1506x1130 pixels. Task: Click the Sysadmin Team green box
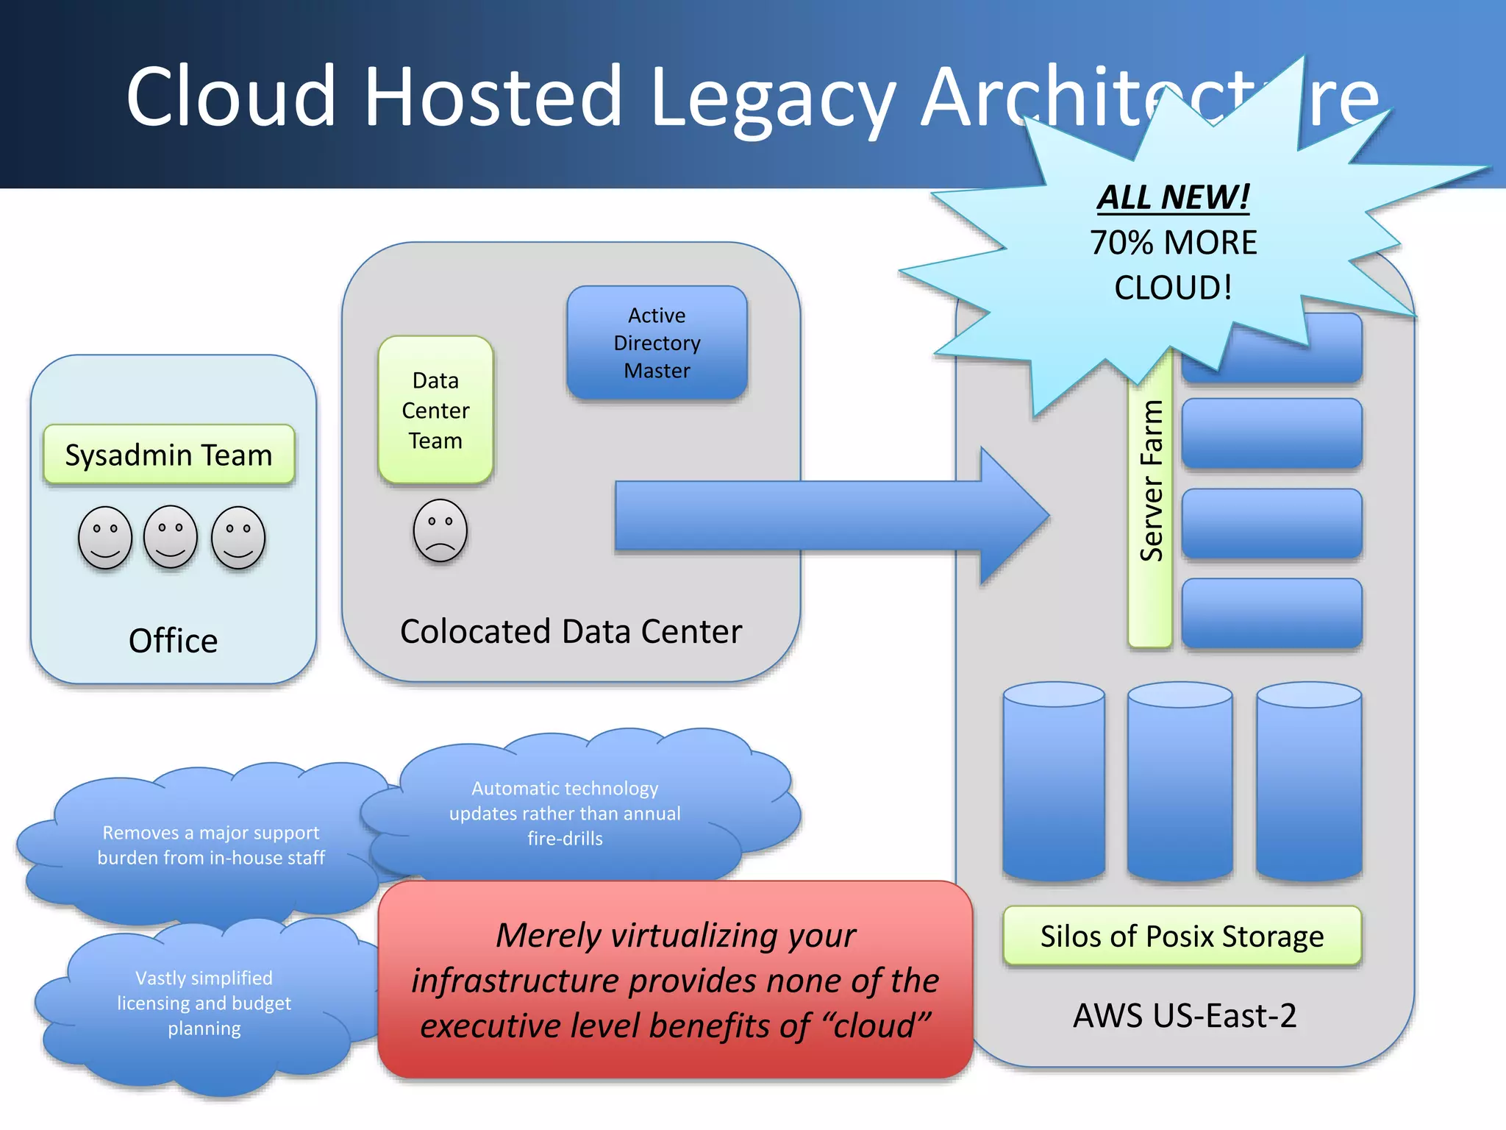click(169, 454)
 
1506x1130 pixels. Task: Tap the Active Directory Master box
click(657, 343)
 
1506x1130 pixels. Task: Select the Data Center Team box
click(435, 410)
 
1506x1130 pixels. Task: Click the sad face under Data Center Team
click(440, 530)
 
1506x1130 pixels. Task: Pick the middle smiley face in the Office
click(171, 537)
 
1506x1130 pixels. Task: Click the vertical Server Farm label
click(1150, 482)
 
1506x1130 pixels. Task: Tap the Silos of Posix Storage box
click(1182, 936)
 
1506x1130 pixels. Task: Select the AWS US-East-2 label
click(1184, 1015)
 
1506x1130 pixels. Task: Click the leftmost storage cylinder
click(1054, 781)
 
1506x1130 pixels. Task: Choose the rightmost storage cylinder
click(1309, 781)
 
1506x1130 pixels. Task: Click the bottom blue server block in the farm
click(1271, 613)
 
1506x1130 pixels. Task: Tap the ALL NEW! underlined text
click(1173, 197)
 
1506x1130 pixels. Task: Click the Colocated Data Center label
click(571, 631)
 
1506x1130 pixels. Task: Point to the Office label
click(173, 640)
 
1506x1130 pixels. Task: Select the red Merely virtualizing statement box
click(674, 980)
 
